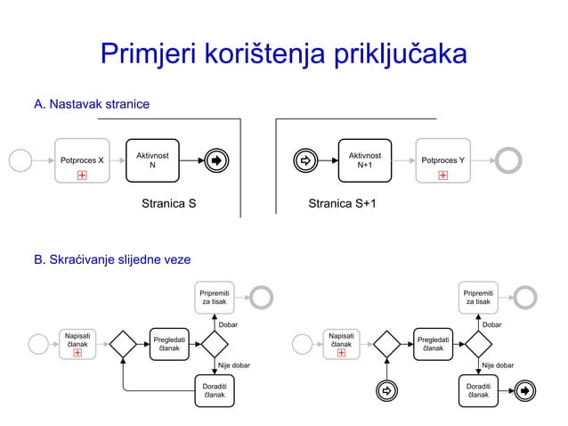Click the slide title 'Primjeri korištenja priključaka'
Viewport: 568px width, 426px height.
click(283, 54)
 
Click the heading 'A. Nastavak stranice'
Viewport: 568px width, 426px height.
click(91, 105)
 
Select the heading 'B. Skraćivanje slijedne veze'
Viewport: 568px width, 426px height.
click(111, 259)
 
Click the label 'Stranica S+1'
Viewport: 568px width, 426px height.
click(342, 204)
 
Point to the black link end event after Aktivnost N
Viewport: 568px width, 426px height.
click(216, 160)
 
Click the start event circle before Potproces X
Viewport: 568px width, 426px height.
click(20, 160)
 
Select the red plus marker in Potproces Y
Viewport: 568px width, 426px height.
click(442, 175)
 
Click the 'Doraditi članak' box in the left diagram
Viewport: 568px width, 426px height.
click(214, 390)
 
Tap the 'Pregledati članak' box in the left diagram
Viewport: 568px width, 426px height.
click(169, 344)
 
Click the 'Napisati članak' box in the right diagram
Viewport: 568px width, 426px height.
click(341, 344)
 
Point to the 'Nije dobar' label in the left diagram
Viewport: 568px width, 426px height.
click(234, 365)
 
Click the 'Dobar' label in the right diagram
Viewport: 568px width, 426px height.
click(491, 325)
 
